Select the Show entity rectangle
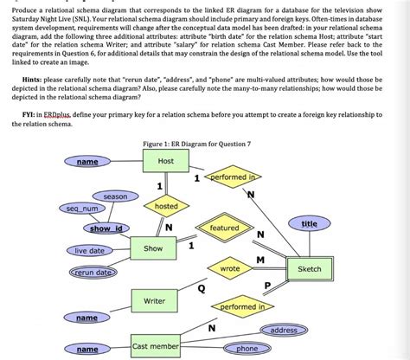pos(153,249)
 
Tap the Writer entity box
pos(153,300)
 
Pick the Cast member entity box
pos(156,346)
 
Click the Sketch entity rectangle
pos(309,269)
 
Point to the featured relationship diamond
pos(224,228)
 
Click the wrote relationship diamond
pos(229,269)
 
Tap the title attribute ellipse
pos(309,224)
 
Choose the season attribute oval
pos(115,197)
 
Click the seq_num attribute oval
pos(80,209)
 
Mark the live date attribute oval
pos(89,250)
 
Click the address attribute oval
pos(284,331)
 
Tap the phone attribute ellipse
pos(247,348)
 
